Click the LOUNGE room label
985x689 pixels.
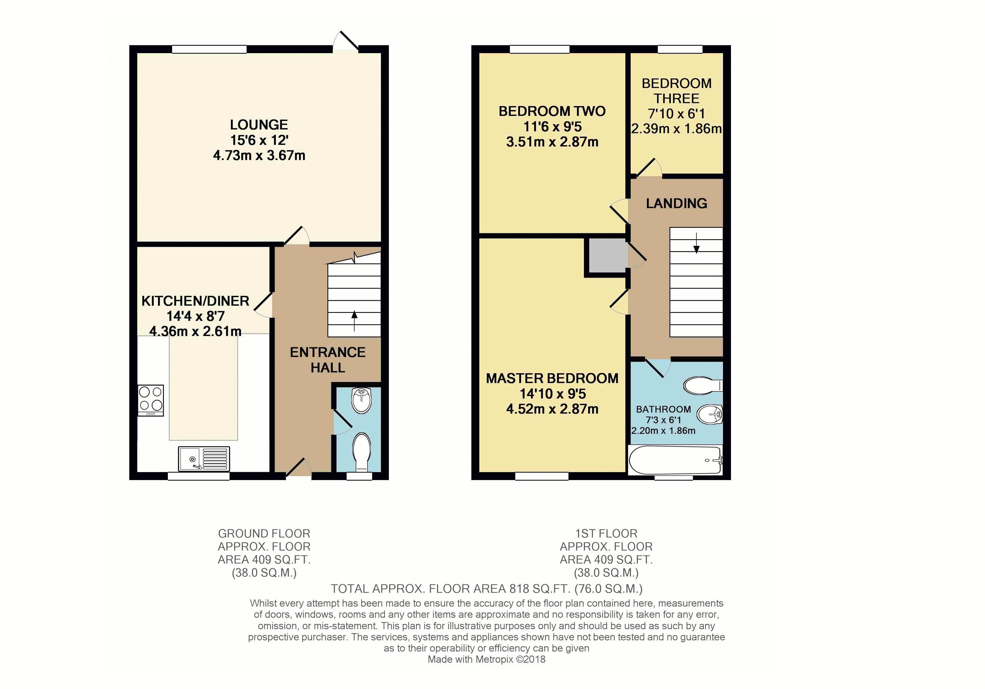click(259, 125)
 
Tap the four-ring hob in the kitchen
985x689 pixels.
click(151, 400)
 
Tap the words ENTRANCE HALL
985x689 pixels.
click(328, 360)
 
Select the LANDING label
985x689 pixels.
click(676, 203)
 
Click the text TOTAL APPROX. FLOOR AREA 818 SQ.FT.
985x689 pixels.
click(450, 589)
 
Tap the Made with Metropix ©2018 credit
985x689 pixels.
click(487, 659)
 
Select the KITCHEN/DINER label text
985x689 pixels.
click(195, 301)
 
